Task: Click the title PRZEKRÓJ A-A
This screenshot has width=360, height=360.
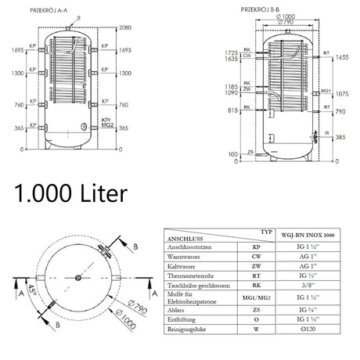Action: (52, 11)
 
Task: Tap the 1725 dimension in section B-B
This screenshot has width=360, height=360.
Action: (232, 50)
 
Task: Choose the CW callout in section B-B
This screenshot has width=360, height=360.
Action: (247, 57)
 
